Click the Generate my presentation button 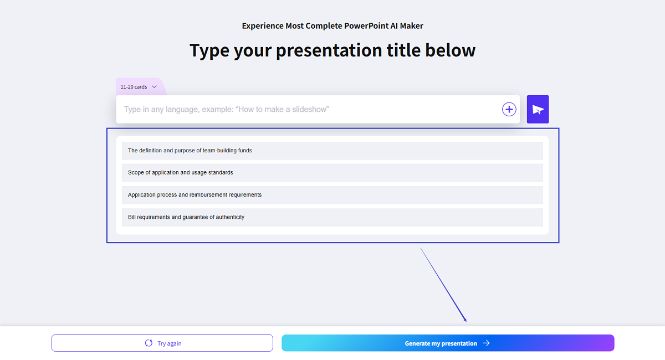point(447,343)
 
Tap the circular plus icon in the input point(509,109)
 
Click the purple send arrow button point(538,109)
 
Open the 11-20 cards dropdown point(139,87)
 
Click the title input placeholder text point(226,109)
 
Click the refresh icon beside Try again point(149,343)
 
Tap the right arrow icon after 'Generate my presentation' point(486,343)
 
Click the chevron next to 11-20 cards point(154,87)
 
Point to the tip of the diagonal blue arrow point(466,321)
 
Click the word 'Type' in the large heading point(209,50)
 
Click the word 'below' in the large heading point(450,50)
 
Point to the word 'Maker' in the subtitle point(412,26)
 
